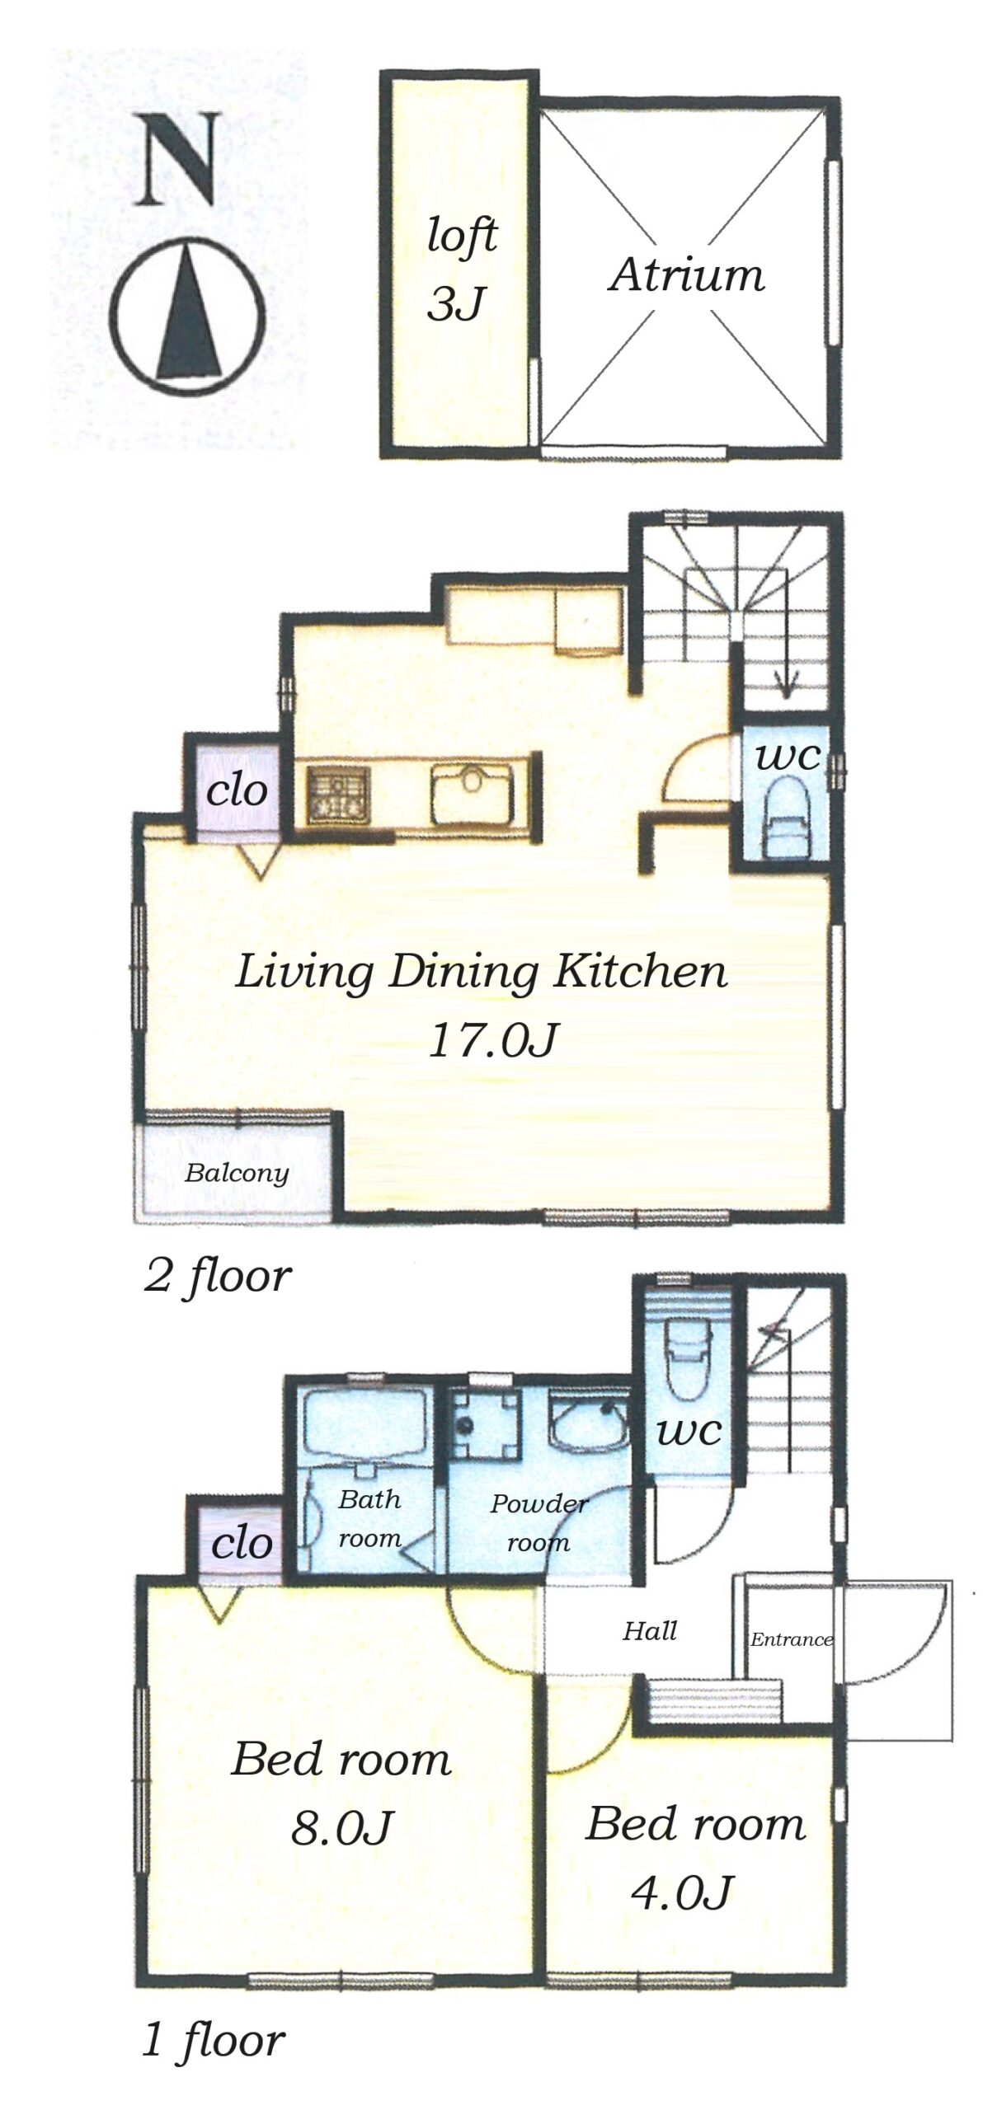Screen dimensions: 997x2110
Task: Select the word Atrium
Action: [x=687, y=274]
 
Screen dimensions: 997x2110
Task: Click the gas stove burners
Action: [x=340, y=793]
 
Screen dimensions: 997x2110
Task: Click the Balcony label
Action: [x=237, y=1173]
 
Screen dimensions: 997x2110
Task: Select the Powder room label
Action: [x=539, y=1522]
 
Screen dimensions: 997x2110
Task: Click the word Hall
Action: [x=650, y=1630]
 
